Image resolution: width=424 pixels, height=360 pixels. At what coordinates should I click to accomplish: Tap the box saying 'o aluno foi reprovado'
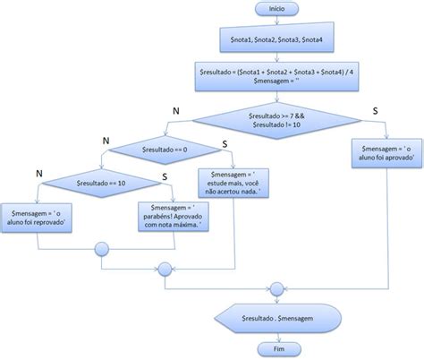[38, 216]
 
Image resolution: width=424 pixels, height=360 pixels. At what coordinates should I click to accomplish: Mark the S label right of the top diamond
[372, 109]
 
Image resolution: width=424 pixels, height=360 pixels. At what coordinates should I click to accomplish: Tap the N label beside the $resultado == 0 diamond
[106, 140]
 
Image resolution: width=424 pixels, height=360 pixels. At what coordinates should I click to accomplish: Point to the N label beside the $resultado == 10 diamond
[38, 172]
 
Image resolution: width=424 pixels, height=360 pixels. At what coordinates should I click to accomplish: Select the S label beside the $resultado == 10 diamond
[166, 176]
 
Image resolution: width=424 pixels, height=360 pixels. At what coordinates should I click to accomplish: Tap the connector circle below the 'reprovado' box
[106, 251]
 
